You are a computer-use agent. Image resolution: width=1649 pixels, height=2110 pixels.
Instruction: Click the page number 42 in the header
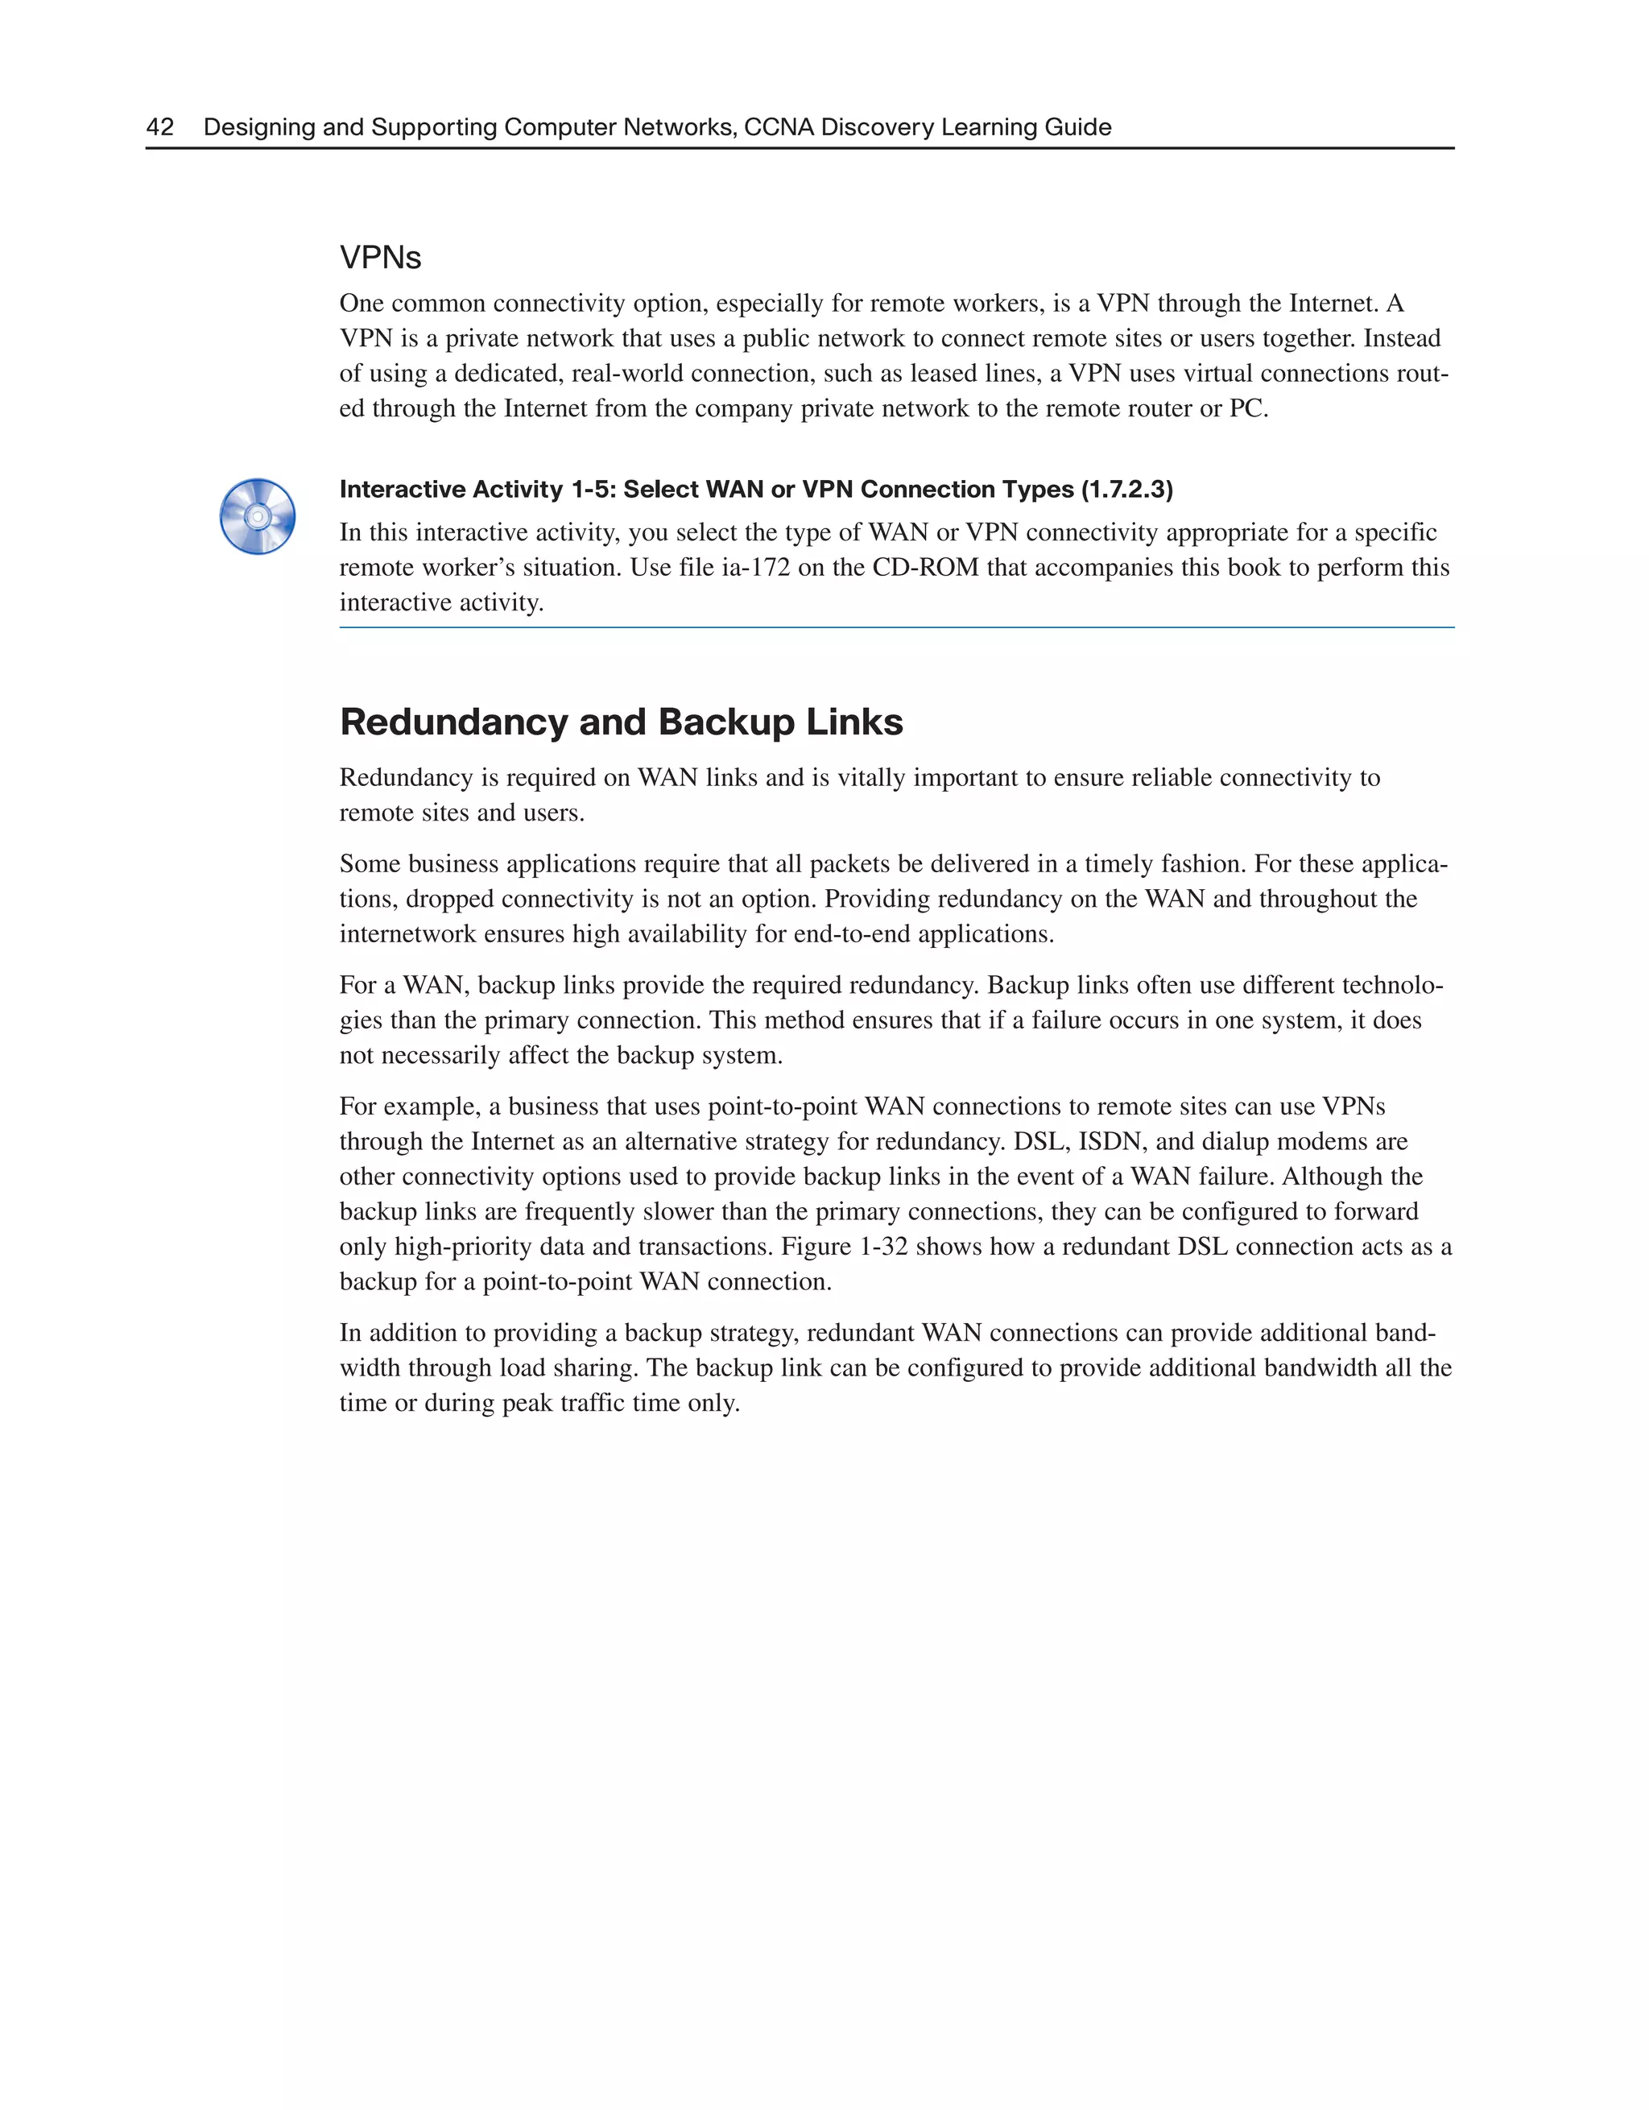tap(159, 126)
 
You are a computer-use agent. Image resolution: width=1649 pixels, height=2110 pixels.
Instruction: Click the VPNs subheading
tap(381, 258)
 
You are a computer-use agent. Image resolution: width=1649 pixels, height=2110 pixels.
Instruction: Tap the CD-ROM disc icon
tap(257, 517)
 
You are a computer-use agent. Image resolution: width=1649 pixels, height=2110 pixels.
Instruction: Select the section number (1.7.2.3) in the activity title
tap(1126, 490)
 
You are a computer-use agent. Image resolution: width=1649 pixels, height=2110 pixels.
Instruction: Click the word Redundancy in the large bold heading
tap(453, 722)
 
